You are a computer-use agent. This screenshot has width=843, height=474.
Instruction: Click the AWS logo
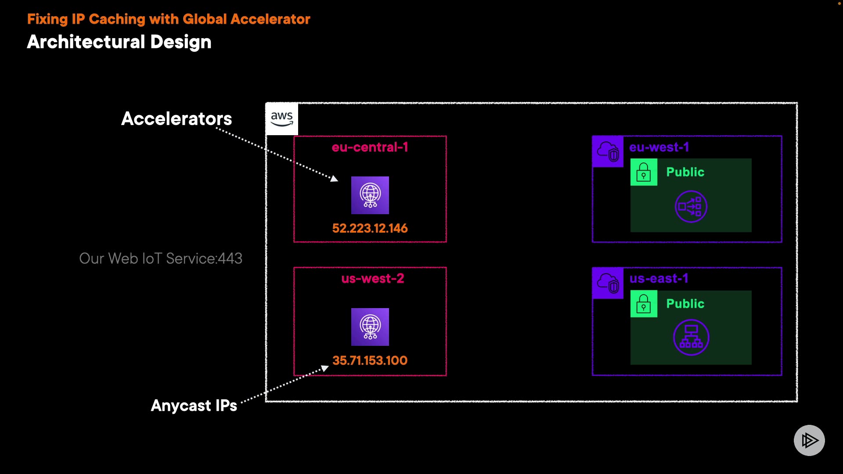coord(281,119)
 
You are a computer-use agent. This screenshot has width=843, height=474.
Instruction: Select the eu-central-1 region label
coord(370,147)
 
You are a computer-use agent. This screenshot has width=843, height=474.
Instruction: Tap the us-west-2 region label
coord(372,278)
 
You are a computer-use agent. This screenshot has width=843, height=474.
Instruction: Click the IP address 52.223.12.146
coord(370,228)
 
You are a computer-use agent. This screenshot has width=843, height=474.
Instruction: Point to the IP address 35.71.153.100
coord(370,360)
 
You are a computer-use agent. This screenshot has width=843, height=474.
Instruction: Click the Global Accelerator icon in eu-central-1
coord(370,195)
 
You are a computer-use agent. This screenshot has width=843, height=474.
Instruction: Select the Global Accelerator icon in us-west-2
coord(370,327)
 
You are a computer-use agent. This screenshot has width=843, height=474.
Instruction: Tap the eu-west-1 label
coord(659,147)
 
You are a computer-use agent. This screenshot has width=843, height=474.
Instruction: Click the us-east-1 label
coord(659,278)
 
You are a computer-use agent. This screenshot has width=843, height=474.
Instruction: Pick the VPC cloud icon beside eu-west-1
coord(608,151)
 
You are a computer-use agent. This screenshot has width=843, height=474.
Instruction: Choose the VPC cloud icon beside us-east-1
coord(608,283)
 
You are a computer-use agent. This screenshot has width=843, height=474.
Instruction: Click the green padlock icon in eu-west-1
coord(644,172)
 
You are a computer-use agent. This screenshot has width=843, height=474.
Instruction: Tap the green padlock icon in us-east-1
coord(644,304)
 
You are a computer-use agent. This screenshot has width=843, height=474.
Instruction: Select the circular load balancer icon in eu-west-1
coord(691,206)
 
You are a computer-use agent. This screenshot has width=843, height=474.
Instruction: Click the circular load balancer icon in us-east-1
coord(691,338)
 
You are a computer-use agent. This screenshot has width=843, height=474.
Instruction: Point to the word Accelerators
coord(177,118)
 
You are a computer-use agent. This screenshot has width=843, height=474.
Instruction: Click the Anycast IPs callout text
coord(194,406)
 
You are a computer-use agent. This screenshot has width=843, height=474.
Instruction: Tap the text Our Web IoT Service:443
coord(161,259)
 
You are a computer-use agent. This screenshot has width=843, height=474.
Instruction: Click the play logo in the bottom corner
coord(809,440)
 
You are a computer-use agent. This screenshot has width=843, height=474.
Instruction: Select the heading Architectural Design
coord(119,42)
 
